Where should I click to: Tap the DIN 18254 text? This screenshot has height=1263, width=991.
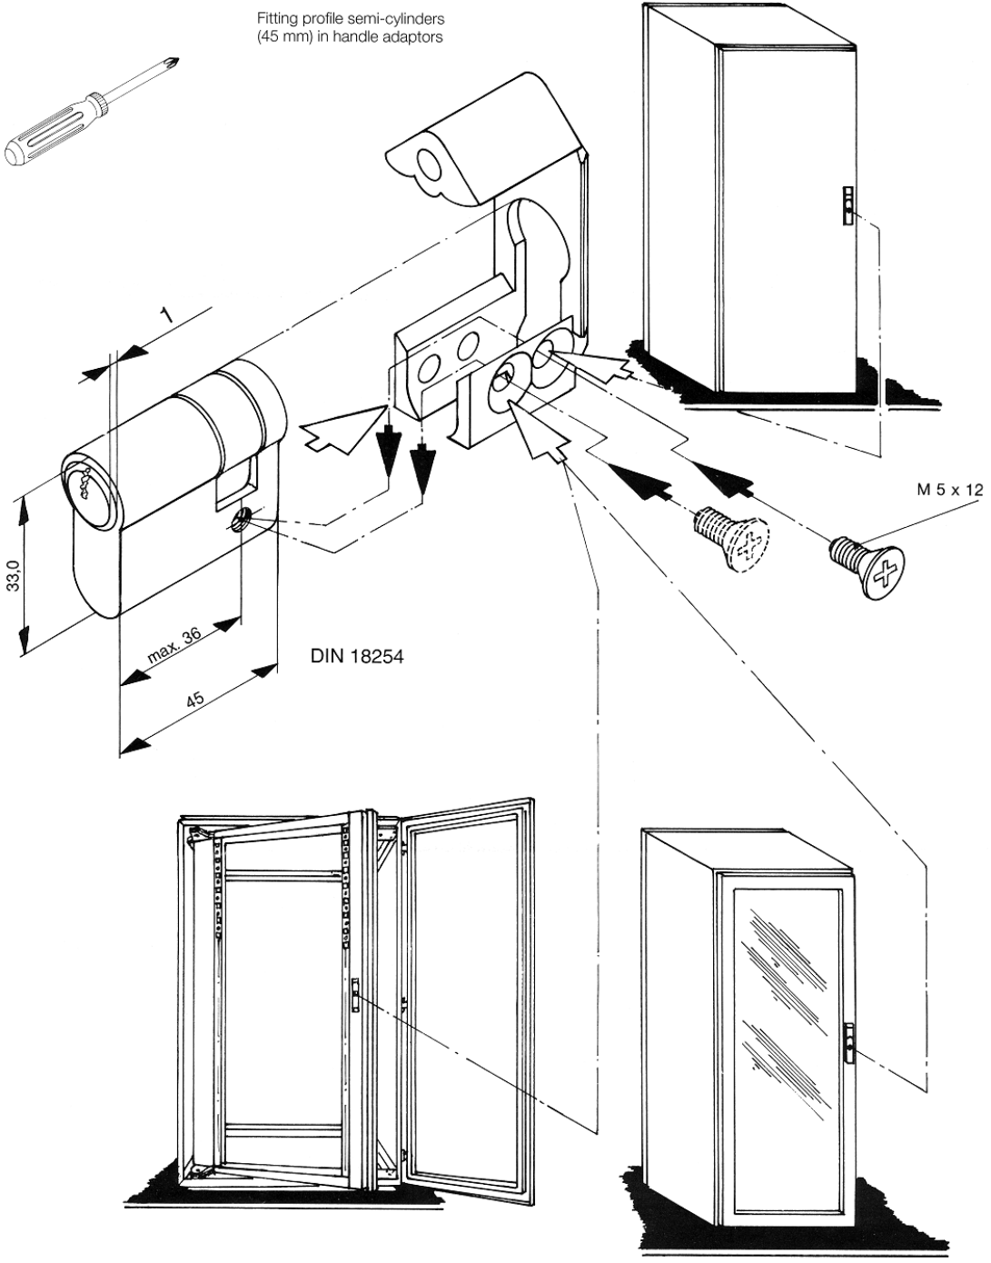coord(357,655)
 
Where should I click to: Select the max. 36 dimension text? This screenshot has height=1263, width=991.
coord(173,646)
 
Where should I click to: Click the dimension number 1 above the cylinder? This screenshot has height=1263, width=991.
coord(165,315)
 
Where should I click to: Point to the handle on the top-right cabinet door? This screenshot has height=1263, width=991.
coord(847,205)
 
